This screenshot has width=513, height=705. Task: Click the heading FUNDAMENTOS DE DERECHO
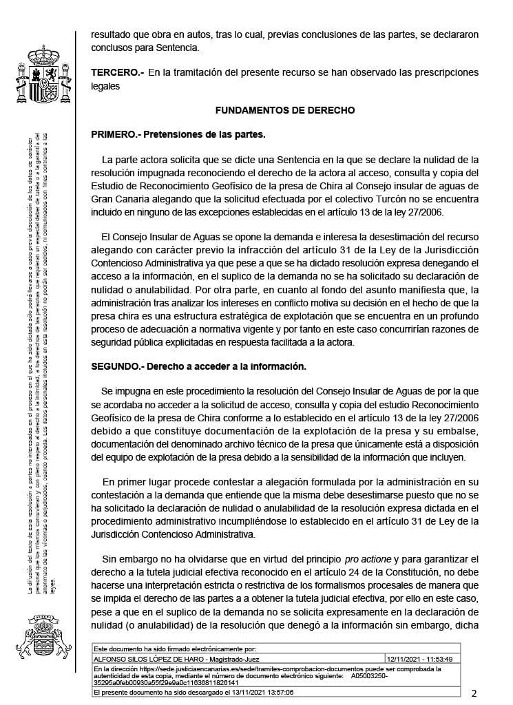pos(285,110)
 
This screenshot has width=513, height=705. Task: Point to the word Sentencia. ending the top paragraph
pos(178,48)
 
